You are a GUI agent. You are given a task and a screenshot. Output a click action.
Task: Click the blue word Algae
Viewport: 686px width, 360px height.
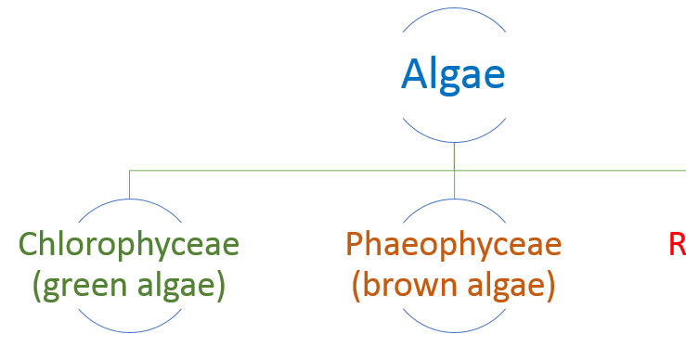pyautogui.click(x=453, y=74)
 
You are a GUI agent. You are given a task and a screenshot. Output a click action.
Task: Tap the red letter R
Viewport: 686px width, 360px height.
pyautogui.click(x=677, y=245)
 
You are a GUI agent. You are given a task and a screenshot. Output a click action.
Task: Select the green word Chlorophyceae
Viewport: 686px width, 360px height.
pyautogui.click(x=129, y=245)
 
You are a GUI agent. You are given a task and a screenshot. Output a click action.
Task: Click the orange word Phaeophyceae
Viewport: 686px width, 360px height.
pyautogui.click(x=453, y=245)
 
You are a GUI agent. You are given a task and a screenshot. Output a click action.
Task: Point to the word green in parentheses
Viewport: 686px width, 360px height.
pyautogui.click(x=84, y=285)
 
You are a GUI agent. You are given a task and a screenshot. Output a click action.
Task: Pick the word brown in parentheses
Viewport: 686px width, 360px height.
pyautogui.click(x=409, y=285)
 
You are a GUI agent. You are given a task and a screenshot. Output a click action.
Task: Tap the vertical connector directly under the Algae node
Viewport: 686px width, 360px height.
pyautogui.click(x=454, y=156)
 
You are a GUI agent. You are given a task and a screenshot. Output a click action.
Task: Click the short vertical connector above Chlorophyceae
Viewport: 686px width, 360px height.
pyautogui.click(x=129, y=184)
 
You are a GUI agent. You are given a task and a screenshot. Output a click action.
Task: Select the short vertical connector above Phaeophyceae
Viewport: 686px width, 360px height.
pyautogui.click(x=454, y=184)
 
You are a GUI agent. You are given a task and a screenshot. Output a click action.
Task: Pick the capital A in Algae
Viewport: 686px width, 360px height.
pyautogui.click(x=416, y=74)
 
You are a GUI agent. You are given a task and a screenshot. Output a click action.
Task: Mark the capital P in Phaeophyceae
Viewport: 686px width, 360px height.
pyautogui.click(x=356, y=245)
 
